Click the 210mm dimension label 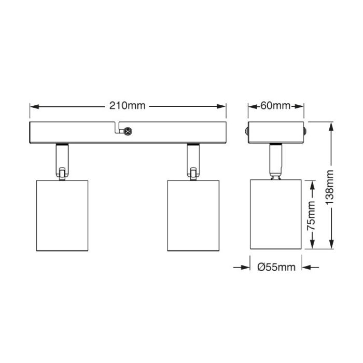click(128, 106)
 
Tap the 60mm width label click(275, 106)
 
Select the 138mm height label click(329, 187)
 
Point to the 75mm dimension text click(311, 216)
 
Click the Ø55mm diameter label click(276, 267)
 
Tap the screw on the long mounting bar click(128, 132)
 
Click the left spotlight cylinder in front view click(62, 216)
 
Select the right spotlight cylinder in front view click(193, 216)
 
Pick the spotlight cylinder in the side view click(276, 214)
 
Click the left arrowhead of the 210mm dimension click(34, 106)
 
